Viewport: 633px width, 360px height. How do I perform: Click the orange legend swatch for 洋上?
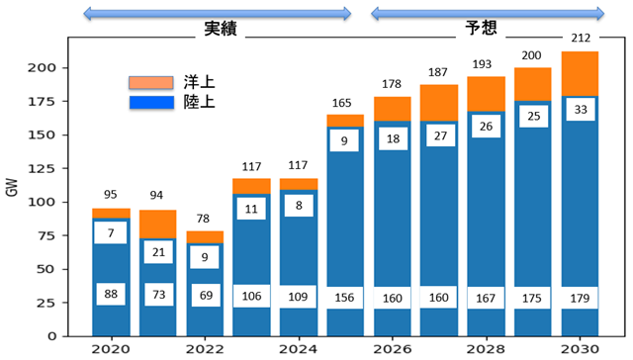point(151,83)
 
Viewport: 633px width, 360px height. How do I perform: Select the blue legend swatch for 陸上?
point(151,103)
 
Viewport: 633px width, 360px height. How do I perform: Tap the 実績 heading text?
point(220,29)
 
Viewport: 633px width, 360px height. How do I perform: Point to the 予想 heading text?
point(481,28)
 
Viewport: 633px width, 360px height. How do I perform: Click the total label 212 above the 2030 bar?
point(581,38)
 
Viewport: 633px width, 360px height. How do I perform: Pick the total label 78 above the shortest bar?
point(203,219)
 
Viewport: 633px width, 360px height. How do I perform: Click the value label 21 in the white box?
point(158,252)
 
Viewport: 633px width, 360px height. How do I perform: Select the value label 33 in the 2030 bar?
point(581,110)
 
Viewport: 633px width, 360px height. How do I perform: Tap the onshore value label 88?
point(111,294)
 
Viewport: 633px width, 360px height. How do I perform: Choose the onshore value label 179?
point(580,299)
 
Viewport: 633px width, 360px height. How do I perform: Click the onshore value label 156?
point(344,298)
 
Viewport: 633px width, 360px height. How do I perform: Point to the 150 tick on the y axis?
point(41,135)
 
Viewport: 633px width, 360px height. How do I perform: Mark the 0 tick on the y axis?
point(51,336)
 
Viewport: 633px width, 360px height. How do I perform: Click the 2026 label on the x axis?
point(393,349)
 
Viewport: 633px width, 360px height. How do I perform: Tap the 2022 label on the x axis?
point(205,349)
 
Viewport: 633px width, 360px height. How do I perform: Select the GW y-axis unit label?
point(12,187)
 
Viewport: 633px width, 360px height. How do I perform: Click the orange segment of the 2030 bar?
point(580,74)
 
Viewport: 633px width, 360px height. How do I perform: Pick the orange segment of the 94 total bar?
point(158,225)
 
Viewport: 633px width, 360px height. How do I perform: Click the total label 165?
point(341,103)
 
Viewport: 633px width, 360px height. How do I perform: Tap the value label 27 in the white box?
point(440,135)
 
